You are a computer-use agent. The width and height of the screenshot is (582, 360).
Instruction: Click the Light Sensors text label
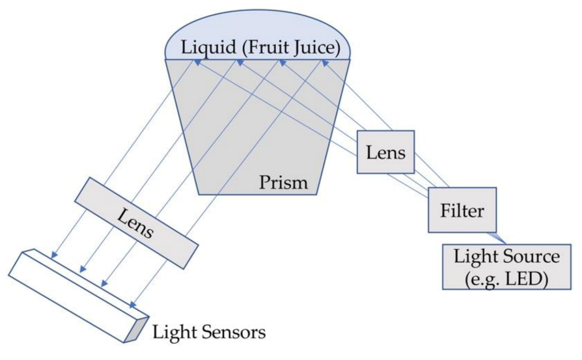point(209,333)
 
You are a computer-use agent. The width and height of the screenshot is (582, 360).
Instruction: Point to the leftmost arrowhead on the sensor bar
point(55,255)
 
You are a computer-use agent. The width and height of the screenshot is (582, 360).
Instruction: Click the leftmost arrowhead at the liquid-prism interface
point(195,60)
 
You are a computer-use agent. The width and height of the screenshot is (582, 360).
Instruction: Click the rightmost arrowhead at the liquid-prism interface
point(323,60)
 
